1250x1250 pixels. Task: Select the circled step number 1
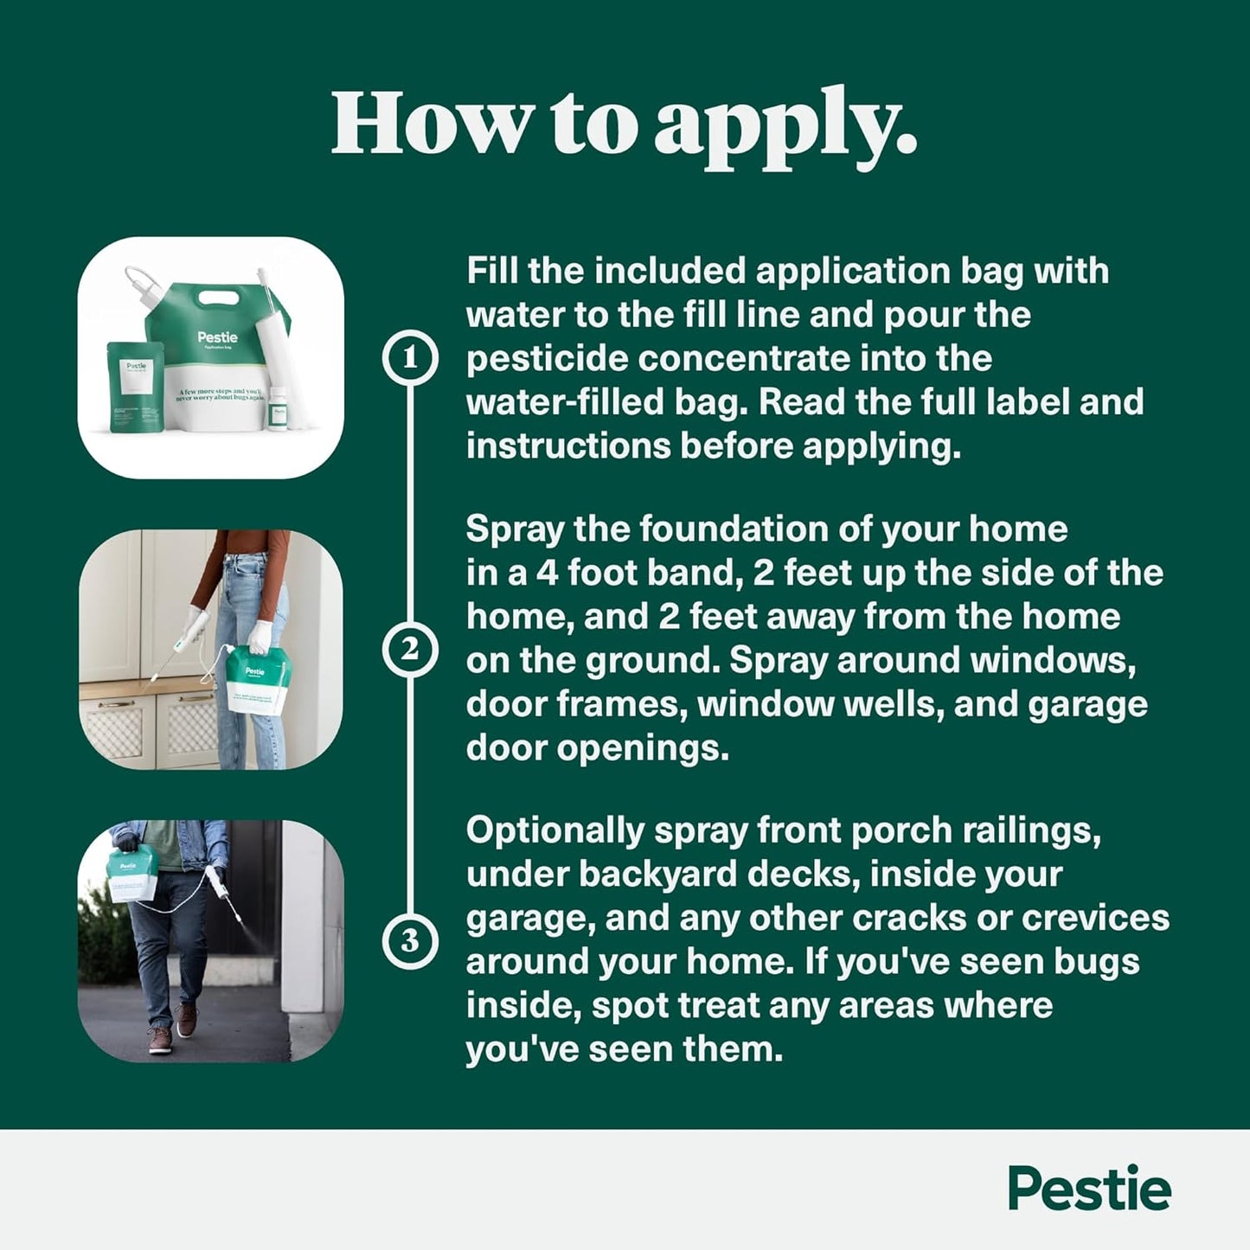coord(410,357)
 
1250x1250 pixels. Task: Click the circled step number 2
coord(410,650)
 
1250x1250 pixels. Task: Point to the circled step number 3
coord(410,940)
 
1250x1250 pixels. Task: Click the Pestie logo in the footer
coord(1089,1189)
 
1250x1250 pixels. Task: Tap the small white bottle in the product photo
coord(277,409)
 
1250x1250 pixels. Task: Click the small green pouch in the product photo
coord(135,387)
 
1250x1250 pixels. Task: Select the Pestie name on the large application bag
coord(217,337)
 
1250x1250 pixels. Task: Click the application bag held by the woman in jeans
coord(257,679)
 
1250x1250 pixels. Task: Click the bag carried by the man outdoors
coord(131,872)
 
